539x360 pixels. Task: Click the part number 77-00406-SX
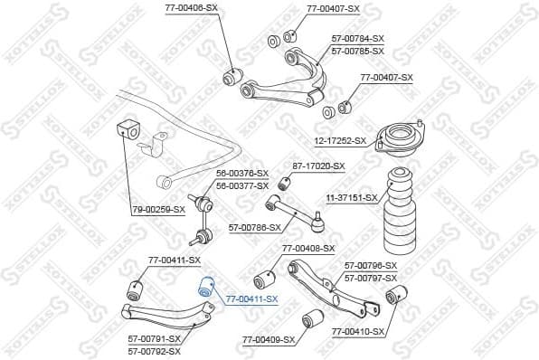pos(191,8)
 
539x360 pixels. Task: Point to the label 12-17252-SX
pos(339,140)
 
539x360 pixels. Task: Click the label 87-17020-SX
pos(318,166)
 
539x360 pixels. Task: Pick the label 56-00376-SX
pos(241,173)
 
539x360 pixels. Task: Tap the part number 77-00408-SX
pos(307,248)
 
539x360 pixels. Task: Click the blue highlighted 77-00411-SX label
pos(251,298)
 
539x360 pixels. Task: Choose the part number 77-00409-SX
pos(269,340)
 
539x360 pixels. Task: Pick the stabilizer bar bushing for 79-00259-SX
pos(127,128)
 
